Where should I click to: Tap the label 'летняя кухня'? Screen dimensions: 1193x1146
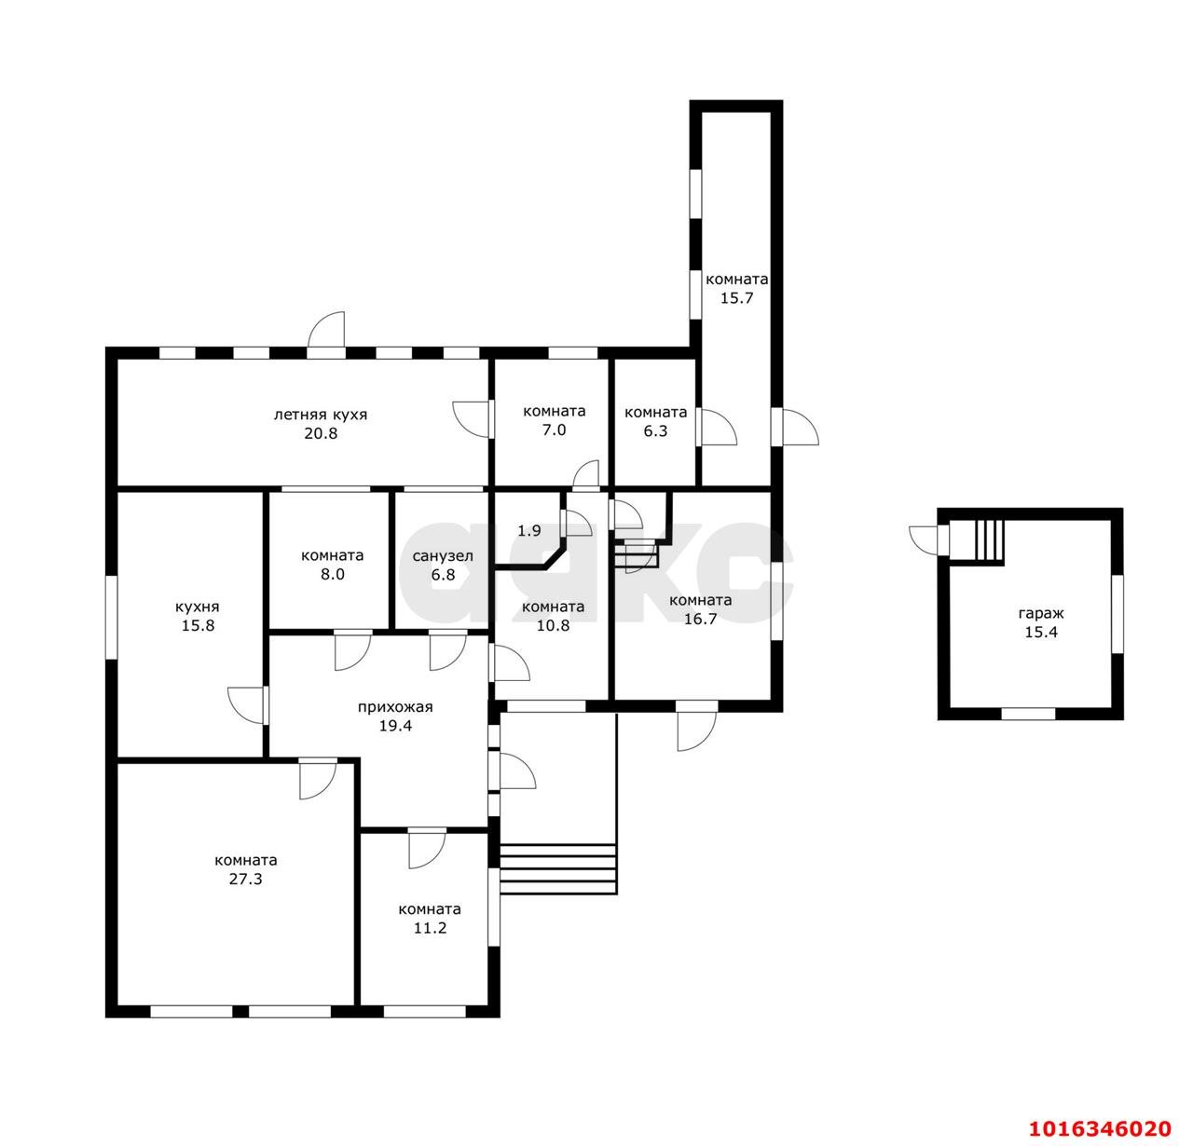coord(320,415)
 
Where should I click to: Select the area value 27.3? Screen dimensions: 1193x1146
coord(245,880)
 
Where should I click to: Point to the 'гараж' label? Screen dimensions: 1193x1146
coord(1041,613)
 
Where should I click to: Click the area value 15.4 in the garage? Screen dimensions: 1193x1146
coord(1041,633)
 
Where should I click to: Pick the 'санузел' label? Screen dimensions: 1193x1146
coord(443,556)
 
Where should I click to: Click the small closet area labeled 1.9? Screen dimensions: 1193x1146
coord(529,531)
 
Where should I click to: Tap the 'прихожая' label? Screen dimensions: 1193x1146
coord(395,707)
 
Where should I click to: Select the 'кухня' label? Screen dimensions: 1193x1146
coord(198,607)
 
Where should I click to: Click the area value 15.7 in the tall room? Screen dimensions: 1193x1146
coord(737,298)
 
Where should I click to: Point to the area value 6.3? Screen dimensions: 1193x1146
coord(655,431)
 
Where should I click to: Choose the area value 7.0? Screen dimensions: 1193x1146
coord(554,430)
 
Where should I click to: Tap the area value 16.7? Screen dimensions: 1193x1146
coord(700,619)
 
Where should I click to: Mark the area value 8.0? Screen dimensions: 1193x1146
coord(333,575)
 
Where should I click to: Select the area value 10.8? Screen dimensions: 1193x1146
coord(553,626)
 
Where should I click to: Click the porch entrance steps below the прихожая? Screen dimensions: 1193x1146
coord(558,869)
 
